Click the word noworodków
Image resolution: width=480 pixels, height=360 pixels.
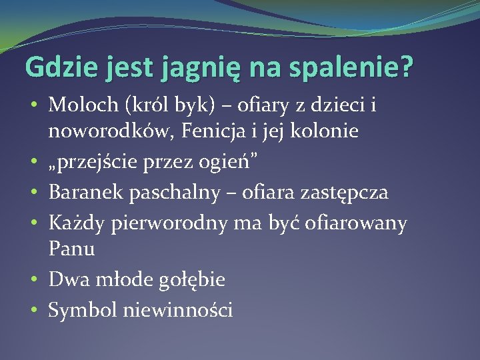click(106, 131)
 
